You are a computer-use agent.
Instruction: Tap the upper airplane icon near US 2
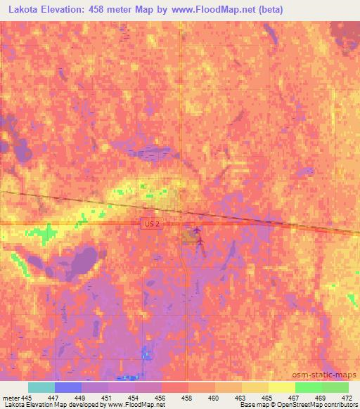196,230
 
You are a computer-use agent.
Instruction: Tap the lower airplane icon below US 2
200,242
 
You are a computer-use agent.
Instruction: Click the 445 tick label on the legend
27,397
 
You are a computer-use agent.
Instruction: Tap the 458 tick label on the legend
187,397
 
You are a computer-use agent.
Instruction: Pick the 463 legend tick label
240,397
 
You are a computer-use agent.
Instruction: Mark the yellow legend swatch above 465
255,387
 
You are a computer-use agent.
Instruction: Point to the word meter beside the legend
10,397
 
